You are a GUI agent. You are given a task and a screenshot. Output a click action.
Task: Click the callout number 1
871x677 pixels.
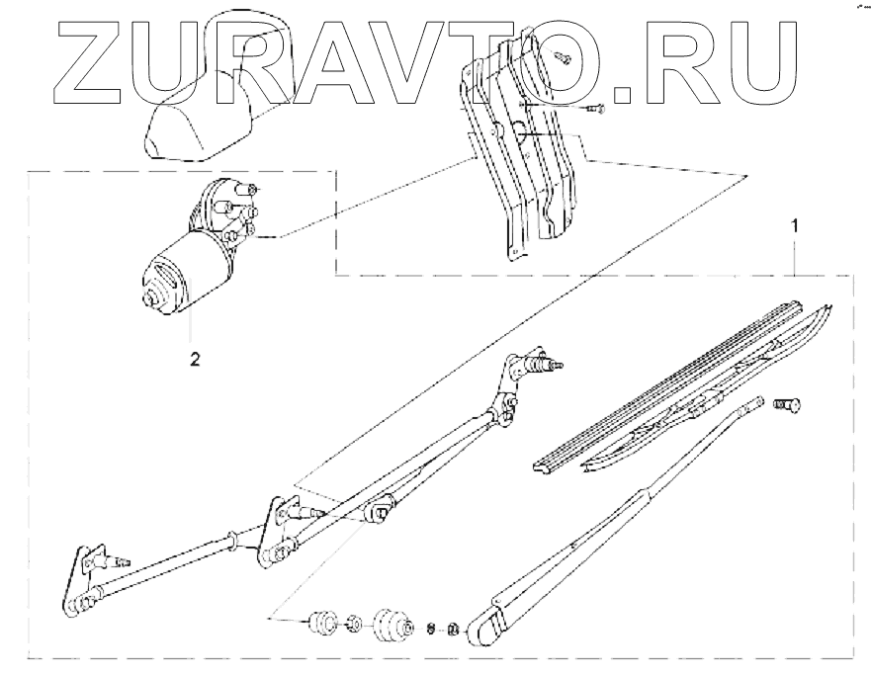(x=797, y=225)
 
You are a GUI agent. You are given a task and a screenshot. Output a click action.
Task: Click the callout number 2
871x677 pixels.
(x=195, y=359)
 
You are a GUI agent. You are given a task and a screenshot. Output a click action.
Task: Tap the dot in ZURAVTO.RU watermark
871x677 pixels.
(x=625, y=95)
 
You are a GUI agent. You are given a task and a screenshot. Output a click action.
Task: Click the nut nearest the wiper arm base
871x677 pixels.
(x=451, y=628)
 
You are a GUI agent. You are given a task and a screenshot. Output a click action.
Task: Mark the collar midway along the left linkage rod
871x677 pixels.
(x=230, y=540)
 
